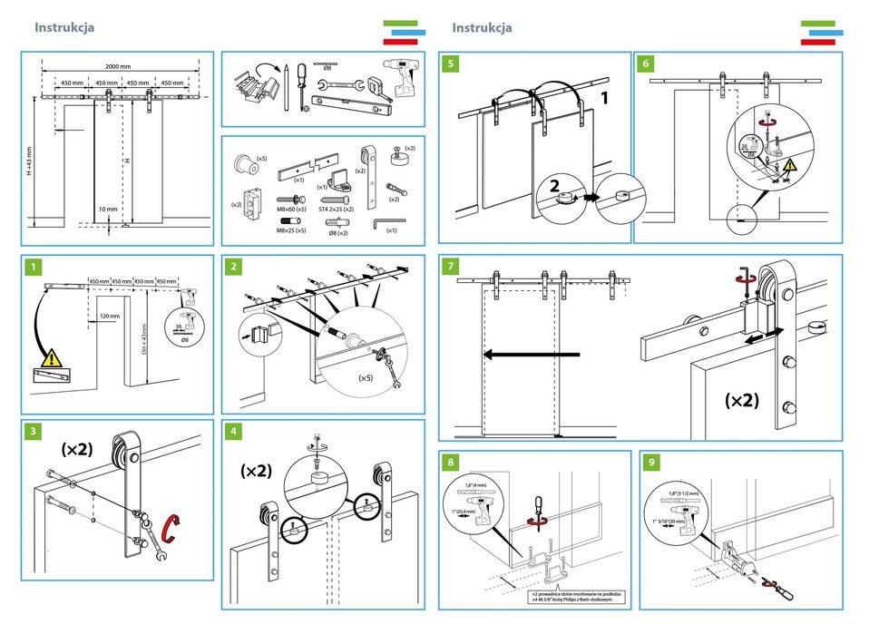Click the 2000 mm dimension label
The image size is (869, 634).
coord(118,66)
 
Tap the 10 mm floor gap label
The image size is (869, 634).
coord(108,210)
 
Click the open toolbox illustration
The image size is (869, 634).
coord(253,87)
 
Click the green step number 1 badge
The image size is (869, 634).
coord(33,268)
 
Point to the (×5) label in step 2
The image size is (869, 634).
coord(366,377)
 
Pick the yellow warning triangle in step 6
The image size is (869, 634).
coord(790,165)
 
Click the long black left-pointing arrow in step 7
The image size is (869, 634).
coord(532,356)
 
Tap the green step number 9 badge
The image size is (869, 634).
coord(651,463)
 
